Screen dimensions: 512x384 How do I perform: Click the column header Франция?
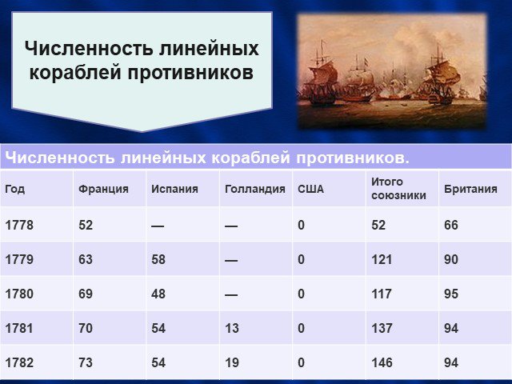point(103,189)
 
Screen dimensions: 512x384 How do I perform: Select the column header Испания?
point(174,189)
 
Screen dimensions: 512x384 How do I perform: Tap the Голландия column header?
point(255,189)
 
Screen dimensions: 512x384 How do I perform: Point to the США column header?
point(311,189)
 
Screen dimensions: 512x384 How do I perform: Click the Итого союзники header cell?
point(398,189)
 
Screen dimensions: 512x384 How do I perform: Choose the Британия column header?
point(470,189)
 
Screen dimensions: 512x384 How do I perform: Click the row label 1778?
point(19,225)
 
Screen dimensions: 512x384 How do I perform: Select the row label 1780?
point(19,294)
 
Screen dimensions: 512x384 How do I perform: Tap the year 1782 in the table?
point(19,362)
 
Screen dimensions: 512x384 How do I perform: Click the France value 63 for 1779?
point(86,259)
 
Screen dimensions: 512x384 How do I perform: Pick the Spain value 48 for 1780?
point(158,294)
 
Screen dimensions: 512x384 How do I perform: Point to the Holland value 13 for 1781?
point(232,328)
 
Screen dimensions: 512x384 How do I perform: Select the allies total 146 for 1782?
point(382,362)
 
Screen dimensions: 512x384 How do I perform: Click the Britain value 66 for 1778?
point(451,225)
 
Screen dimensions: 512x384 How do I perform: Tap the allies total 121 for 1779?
point(382,259)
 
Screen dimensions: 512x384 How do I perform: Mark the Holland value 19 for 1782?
point(232,362)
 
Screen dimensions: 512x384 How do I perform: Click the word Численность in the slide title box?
point(89,48)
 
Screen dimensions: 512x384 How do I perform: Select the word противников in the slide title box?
point(190,72)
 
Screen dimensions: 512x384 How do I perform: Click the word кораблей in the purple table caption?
point(250,158)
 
